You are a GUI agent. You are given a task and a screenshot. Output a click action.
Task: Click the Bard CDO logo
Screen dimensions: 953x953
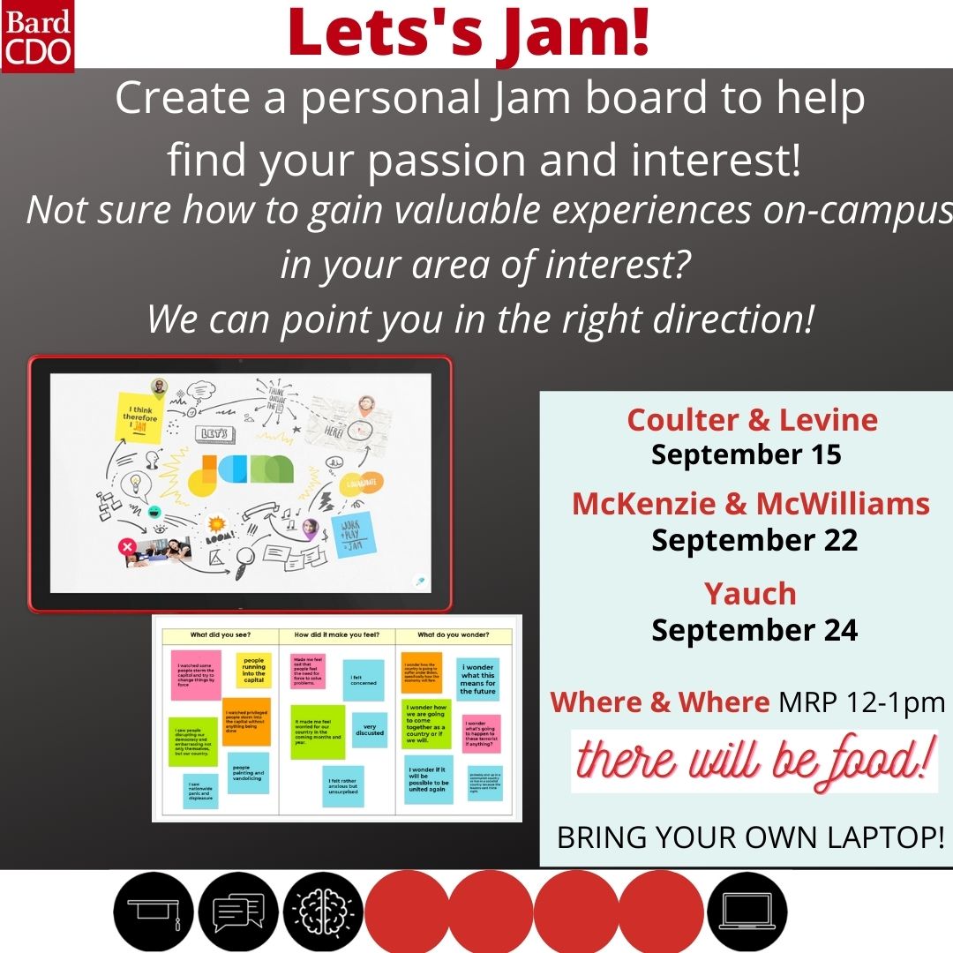[37, 35]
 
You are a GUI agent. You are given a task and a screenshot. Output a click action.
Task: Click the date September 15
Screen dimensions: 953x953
[747, 454]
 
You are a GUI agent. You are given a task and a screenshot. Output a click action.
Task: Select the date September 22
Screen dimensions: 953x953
[754, 540]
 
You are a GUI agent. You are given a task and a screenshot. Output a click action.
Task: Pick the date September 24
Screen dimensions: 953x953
[754, 630]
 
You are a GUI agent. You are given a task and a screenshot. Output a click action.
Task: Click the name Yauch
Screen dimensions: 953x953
[750, 594]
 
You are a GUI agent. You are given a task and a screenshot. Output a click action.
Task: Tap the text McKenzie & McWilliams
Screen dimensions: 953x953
[751, 504]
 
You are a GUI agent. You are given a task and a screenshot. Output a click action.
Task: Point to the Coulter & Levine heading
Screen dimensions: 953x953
[753, 419]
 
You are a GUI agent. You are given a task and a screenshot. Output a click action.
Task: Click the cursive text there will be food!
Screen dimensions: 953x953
[754, 762]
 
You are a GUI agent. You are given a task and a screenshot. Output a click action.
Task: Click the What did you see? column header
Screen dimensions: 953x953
[215, 634]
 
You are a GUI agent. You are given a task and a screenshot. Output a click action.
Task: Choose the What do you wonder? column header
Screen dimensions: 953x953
[453, 634]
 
